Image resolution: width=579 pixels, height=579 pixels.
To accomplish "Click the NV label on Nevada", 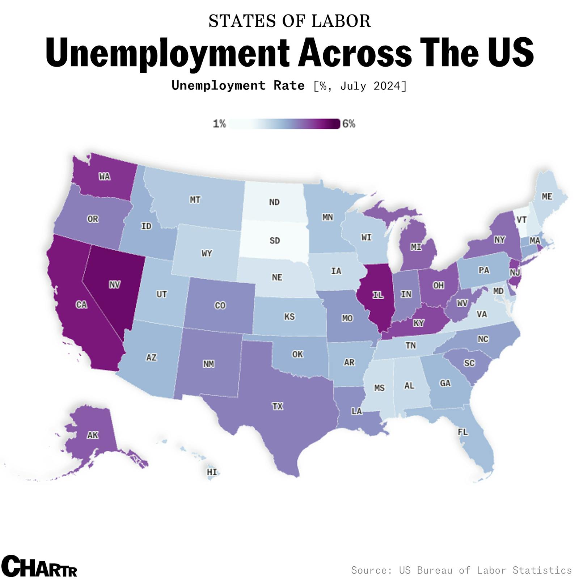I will [114, 285].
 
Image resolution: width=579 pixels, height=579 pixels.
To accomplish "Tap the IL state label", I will [378, 295].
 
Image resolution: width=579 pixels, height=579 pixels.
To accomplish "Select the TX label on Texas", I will [277, 406].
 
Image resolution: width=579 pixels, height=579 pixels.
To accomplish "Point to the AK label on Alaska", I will [93, 435].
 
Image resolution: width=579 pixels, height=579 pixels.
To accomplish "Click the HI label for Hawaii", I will [212, 472].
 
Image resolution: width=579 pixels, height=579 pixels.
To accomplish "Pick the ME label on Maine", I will [547, 196].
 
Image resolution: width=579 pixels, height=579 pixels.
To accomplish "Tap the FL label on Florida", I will [462, 432].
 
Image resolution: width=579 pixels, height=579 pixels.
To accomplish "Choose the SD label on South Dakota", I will [274, 240].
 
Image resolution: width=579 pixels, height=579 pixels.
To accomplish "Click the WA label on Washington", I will [105, 176].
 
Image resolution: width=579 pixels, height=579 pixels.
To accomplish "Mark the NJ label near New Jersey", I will [515, 272].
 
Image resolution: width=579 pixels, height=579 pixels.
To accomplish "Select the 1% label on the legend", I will [219, 124].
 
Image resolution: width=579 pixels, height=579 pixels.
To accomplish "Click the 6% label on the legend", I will [349, 124].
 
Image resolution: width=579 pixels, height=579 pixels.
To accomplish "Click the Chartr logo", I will [39, 566].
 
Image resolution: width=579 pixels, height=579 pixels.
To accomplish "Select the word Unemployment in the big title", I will [167, 52].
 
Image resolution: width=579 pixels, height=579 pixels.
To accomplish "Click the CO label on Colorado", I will [220, 305].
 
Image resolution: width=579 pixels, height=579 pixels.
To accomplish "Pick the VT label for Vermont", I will [521, 220].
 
